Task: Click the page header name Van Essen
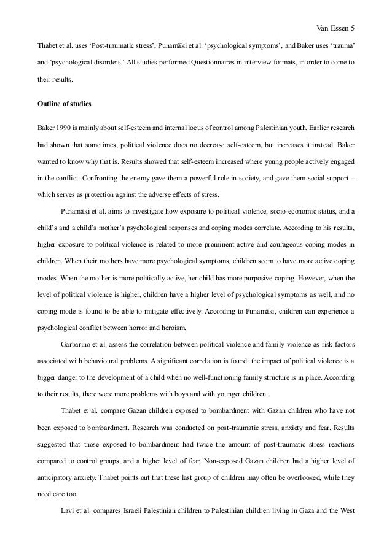(329, 10)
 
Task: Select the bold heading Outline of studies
(65, 104)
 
